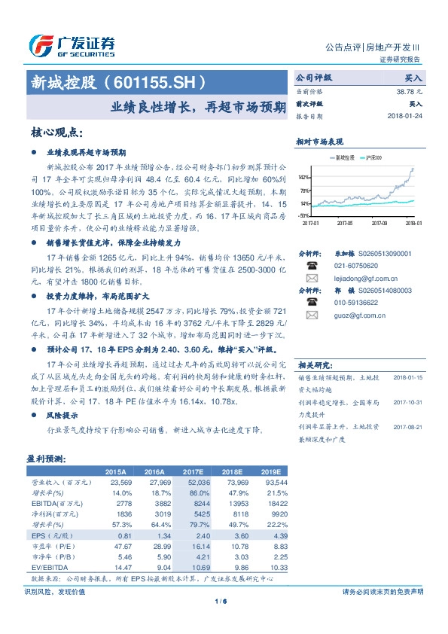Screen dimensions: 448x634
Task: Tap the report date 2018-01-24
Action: (404, 117)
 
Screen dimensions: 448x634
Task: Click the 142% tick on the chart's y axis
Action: (304, 177)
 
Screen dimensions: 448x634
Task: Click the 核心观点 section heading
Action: (56, 133)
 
